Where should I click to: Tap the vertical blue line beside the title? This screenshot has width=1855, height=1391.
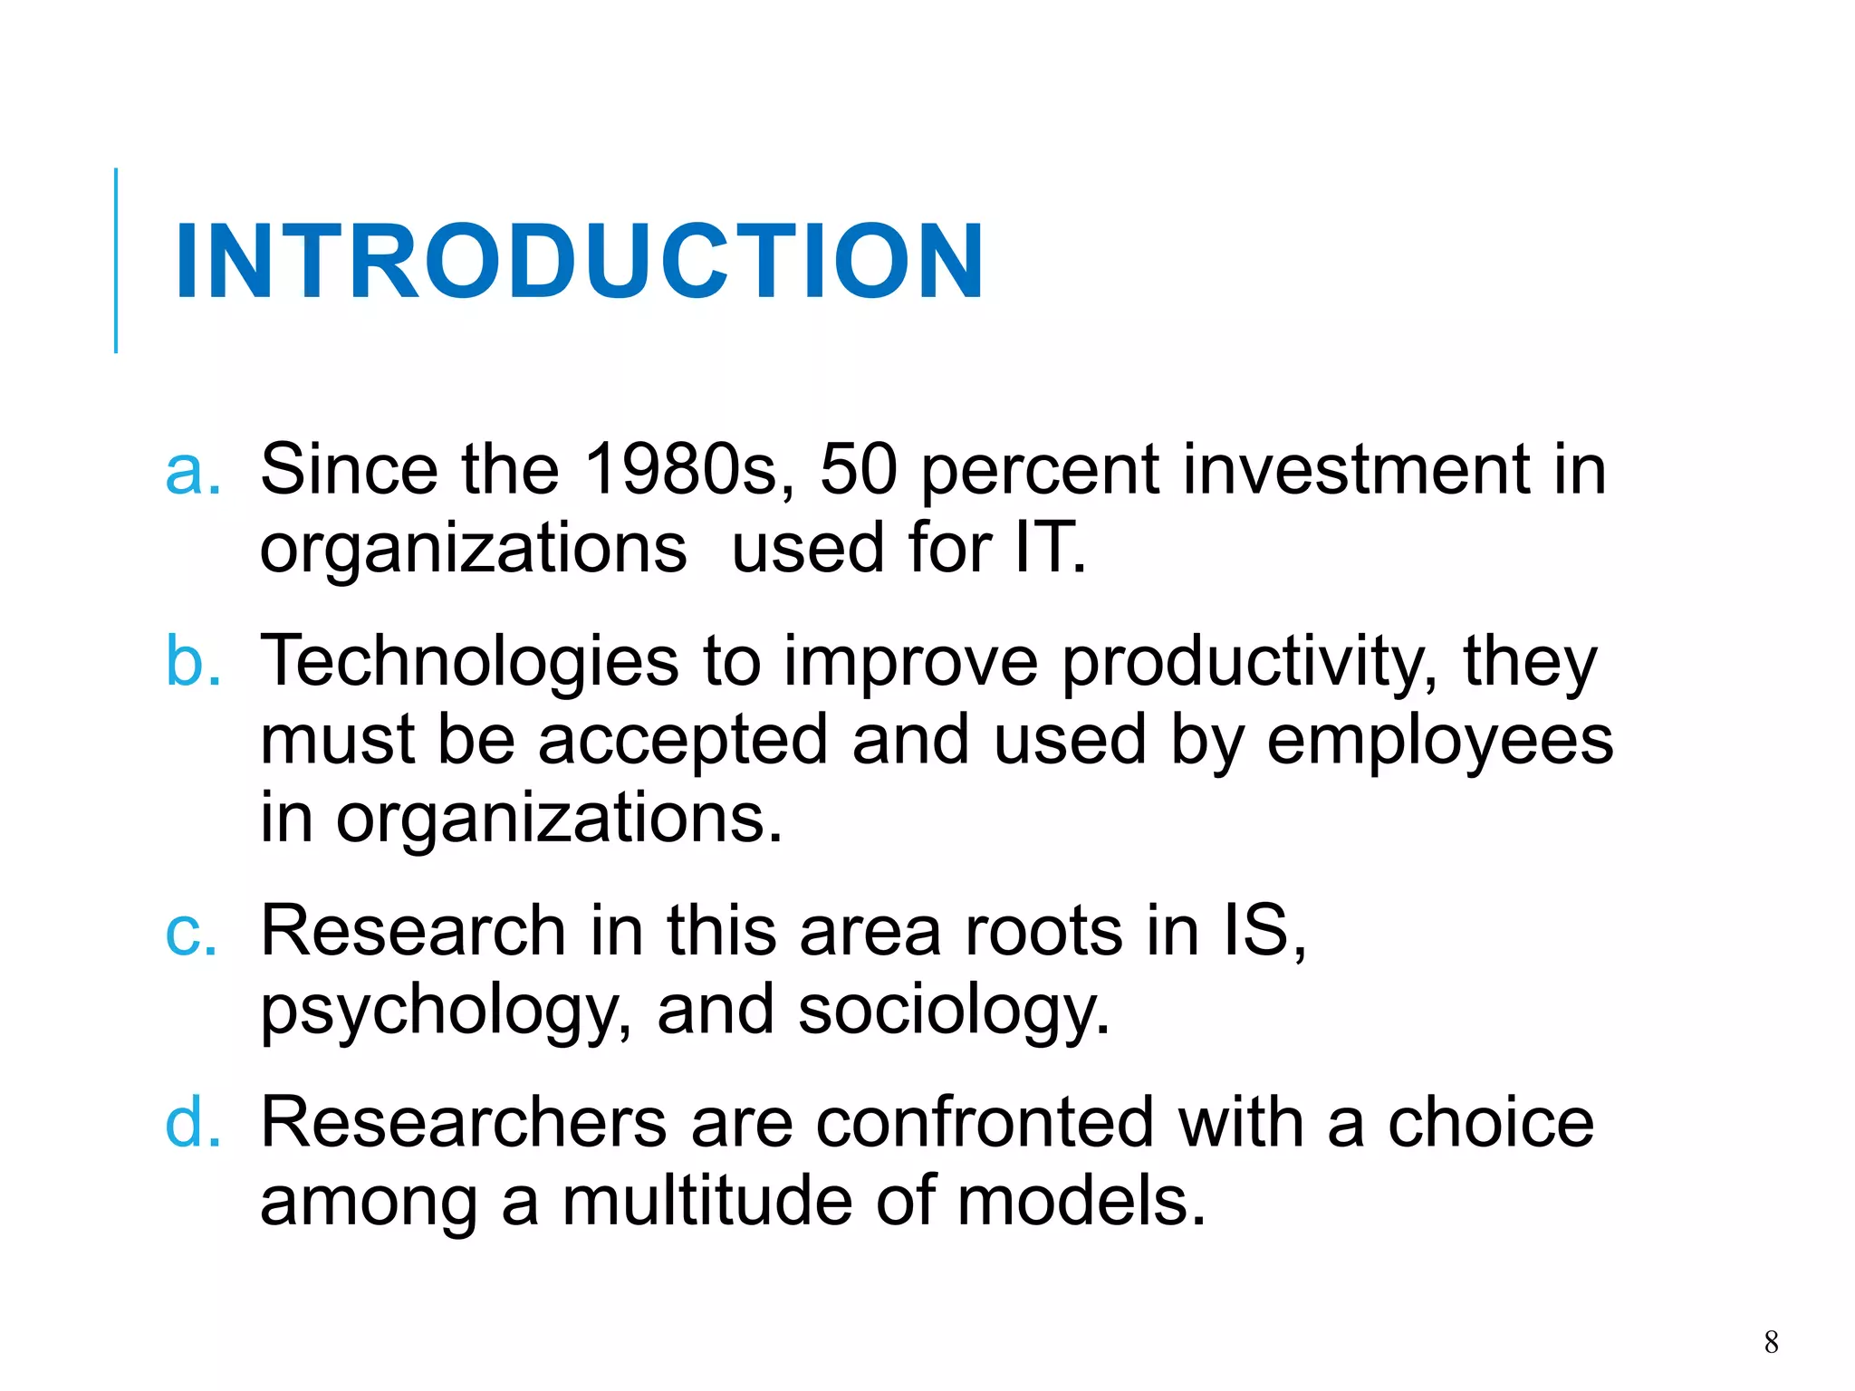116,261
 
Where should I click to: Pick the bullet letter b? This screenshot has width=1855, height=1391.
192,661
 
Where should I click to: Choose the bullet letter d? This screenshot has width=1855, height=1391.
192,1123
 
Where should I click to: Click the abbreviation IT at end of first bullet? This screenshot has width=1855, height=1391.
1046,549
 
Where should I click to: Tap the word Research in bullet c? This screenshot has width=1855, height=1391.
413,932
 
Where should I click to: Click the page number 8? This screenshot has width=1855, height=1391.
1771,1341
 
